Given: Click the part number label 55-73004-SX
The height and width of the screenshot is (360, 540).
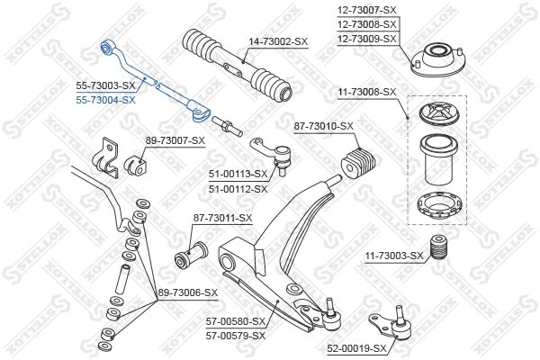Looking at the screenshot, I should (105, 100).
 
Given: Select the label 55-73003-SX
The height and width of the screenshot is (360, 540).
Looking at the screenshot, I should (105, 86).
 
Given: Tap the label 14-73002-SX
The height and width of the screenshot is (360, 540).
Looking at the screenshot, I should (278, 41).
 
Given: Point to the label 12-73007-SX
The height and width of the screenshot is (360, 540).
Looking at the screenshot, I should (366, 9).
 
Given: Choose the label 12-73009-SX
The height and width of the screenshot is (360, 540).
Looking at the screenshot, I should (366, 39).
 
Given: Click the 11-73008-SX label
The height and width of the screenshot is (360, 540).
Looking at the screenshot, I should (366, 92).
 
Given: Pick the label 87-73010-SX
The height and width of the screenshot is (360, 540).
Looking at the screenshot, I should (324, 127).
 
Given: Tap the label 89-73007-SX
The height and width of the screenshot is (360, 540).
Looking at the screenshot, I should (175, 140).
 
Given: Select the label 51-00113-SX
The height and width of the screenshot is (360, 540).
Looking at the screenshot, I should (238, 175).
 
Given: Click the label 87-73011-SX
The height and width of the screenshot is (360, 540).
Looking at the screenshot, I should (222, 219).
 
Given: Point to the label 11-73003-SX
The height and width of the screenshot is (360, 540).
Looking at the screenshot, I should (393, 256).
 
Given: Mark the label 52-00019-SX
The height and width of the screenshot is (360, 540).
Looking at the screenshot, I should (355, 347).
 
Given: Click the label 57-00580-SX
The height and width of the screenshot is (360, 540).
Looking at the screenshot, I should (236, 321).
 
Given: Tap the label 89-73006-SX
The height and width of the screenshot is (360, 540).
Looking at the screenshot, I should (188, 292).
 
